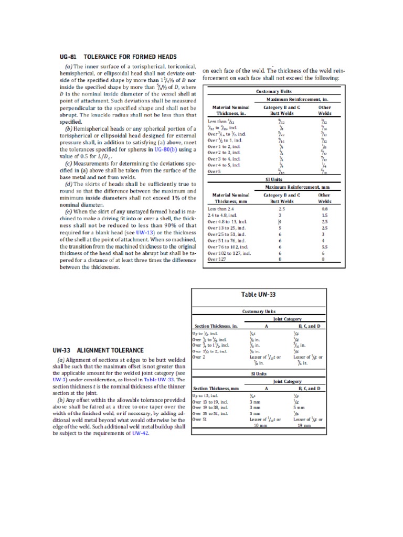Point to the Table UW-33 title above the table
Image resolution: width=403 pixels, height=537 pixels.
pos(258,295)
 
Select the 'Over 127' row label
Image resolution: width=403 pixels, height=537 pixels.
pos(218,259)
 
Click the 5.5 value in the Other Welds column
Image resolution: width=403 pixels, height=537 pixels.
pos(325,246)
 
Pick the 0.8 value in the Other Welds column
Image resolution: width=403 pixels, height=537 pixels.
pos(325,208)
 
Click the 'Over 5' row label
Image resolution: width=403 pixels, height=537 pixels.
pos(215,171)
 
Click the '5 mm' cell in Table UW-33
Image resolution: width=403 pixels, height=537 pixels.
pos(299,406)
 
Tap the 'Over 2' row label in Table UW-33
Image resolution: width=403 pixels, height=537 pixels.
pos(198,357)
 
